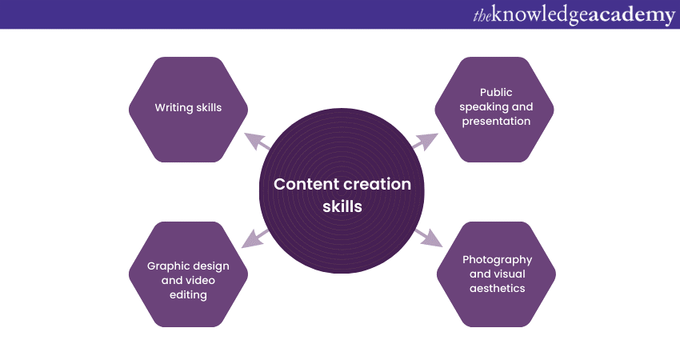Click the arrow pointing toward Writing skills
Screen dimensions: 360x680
(257, 142)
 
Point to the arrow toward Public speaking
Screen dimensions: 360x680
(425, 142)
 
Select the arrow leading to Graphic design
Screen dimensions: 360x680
(257, 238)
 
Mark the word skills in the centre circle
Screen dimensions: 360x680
(342, 206)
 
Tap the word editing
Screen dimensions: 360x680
(188, 294)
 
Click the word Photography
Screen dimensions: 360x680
(497, 260)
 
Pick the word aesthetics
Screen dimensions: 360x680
(497, 288)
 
